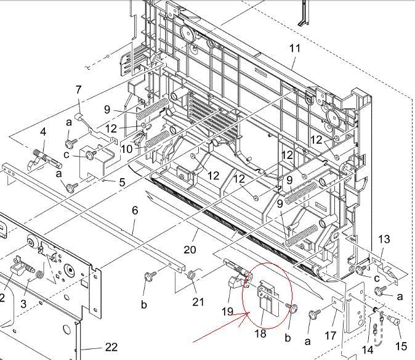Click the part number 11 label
click(295, 49)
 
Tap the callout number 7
click(78, 90)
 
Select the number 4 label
click(43, 132)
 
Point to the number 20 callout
click(190, 250)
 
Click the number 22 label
click(111, 347)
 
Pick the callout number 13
click(384, 239)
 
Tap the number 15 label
click(401, 346)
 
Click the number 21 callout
click(198, 301)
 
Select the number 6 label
click(135, 211)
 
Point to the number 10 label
click(126, 149)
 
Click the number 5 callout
click(122, 182)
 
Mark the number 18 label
click(260, 333)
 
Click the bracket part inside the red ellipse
click(268, 298)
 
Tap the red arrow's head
click(247, 313)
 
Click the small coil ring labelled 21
click(190, 275)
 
